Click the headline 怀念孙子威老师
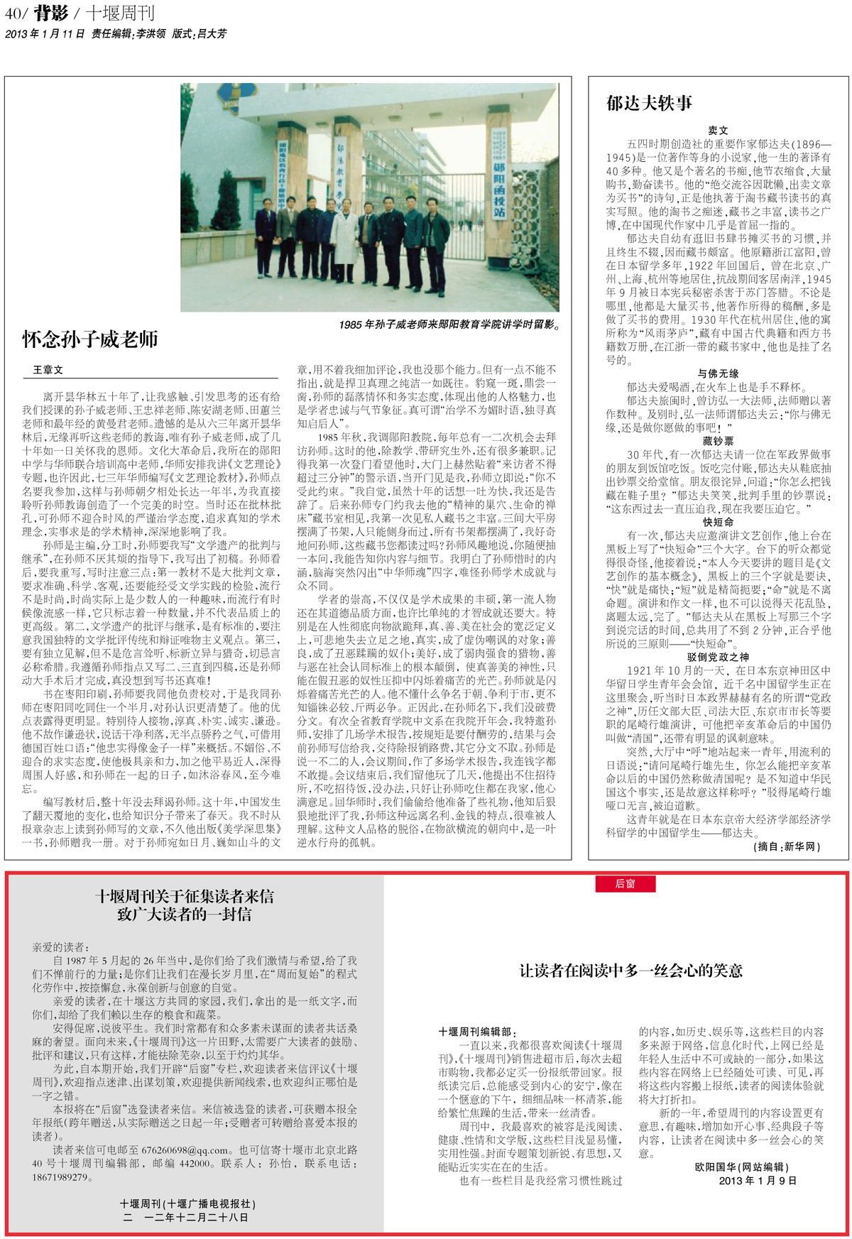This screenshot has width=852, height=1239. pos(90,339)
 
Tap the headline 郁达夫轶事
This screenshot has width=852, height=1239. pos(649,104)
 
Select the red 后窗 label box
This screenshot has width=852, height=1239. pos(625,884)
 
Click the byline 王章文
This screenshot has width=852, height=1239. pos(48,370)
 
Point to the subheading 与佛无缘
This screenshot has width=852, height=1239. pos(718,373)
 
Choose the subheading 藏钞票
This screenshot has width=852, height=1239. pos(718,441)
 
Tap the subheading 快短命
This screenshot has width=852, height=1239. pos(718,522)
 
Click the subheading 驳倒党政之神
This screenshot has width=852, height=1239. pos(718,657)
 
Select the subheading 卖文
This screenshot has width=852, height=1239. pos(718,131)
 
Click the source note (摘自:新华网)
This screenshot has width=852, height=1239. pos(787,846)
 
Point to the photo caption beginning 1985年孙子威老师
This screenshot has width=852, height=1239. pos(449,324)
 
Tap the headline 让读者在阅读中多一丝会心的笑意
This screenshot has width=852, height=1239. pos(631,971)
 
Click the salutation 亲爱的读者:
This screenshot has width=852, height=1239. pos(61,946)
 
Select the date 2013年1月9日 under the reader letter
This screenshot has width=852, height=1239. pos(758,1181)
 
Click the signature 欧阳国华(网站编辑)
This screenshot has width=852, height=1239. pos(741,1167)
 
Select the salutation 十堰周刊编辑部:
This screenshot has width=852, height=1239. pos(478,1032)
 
